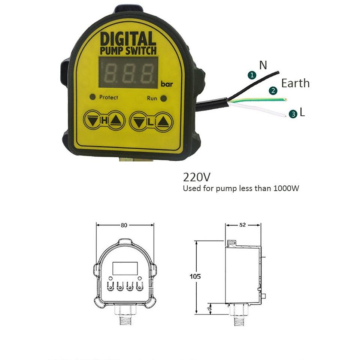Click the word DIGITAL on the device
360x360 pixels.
128,39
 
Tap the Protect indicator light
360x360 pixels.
93,97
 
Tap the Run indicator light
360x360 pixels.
163,98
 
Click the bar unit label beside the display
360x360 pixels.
167,84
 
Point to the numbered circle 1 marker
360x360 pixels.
252,75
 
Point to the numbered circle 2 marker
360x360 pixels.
273,91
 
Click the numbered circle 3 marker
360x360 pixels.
293,114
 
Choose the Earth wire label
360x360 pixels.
296,83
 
